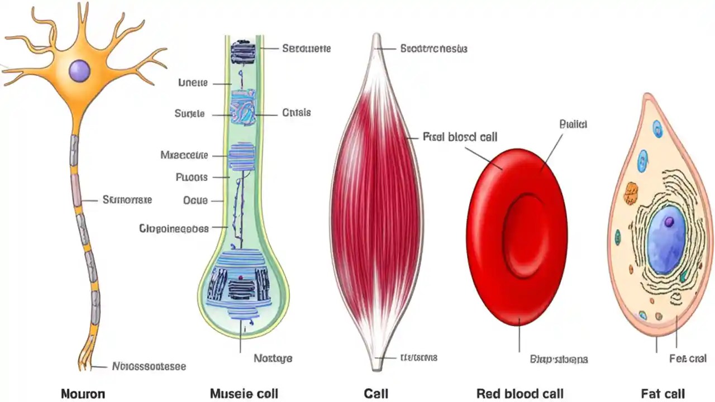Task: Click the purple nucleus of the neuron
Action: click(x=79, y=71)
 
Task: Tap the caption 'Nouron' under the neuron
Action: click(x=82, y=394)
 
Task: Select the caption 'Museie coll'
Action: click(x=244, y=394)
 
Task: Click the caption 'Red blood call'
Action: click(x=519, y=394)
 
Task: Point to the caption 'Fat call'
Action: click(x=662, y=394)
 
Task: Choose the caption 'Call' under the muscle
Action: click(x=376, y=394)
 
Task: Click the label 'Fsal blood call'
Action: click(x=460, y=137)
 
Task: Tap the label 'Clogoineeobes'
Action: click(x=174, y=228)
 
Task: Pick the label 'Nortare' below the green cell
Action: click(x=273, y=358)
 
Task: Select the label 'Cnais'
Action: click(x=296, y=113)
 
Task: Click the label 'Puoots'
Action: click(x=192, y=178)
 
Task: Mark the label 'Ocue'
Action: click(x=196, y=200)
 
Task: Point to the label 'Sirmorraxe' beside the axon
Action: click(x=127, y=199)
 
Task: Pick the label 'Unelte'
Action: click(x=193, y=83)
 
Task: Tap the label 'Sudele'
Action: click(x=189, y=114)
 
